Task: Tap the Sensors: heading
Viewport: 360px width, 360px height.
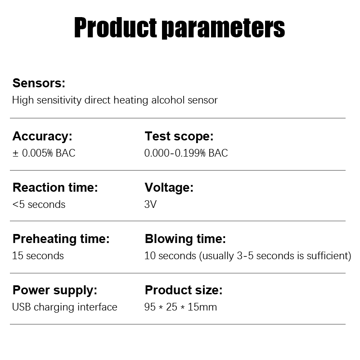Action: pyautogui.click(x=39, y=83)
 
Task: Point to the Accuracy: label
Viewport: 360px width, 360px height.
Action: pyautogui.click(x=42, y=136)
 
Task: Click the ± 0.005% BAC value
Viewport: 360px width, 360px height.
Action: pyautogui.click(x=44, y=153)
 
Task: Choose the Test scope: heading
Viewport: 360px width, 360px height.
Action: pyautogui.click(x=179, y=136)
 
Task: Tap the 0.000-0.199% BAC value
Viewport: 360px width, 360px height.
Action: pyautogui.click(x=186, y=153)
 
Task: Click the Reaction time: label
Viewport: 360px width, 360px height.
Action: pyautogui.click(x=55, y=187)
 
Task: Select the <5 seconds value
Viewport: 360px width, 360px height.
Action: pyautogui.click(x=39, y=204)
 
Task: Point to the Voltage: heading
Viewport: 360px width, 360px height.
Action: pyautogui.click(x=169, y=187)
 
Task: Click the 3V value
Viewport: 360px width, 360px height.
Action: pyautogui.click(x=150, y=204)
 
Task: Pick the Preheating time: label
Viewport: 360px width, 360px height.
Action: pyautogui.click(x=61, y=239)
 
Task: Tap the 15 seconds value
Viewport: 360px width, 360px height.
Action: pyautogui.click(x=38, y=256)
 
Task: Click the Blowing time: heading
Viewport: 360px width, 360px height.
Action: pyautogui.click(x=185, y=239)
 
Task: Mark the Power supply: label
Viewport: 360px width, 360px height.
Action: pyautogui.click(x=55, y=290)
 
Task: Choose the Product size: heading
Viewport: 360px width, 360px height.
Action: pyautogui.click(x=184, y=290)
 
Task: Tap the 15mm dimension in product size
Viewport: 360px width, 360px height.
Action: pyautogui.click(x=202, y=307)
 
